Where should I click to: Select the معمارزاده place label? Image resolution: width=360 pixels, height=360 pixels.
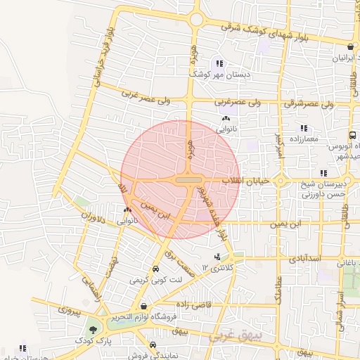click(303, 139)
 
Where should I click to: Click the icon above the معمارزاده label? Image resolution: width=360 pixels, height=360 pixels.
click(304, 129)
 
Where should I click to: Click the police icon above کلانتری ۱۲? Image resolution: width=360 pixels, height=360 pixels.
click(217, 257)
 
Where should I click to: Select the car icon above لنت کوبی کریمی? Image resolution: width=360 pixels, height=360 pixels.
click(155, 269)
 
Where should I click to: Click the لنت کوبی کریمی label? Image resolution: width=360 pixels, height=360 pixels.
click(155, 279)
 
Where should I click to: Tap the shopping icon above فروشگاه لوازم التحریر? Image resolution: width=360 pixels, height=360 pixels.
click(144, 307)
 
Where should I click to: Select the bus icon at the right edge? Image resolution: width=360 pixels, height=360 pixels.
click(352, 135)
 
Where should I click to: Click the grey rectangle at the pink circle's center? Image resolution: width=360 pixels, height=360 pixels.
click(188, 181)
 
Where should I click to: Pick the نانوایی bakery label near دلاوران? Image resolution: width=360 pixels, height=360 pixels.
click(127, 221)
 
